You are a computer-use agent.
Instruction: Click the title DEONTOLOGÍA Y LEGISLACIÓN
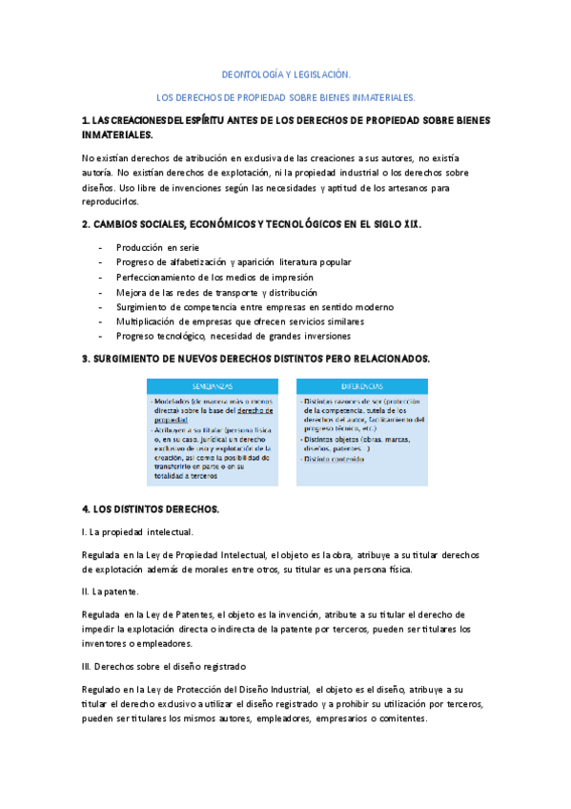point(286,73)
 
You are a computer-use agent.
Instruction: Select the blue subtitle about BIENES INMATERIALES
point(286,97)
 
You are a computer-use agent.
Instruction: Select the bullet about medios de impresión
point(220,277)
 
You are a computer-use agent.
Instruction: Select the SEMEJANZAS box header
point(212,385)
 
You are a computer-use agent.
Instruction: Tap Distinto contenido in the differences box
point(334,459)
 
